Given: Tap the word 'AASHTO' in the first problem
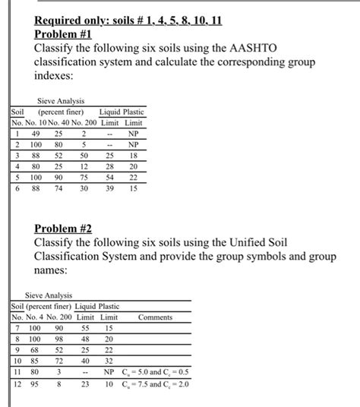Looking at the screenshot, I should (x=251, y=49).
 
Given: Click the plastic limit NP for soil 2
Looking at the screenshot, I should (x=134, y=144).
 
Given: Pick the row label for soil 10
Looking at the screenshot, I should (x=17, y=361).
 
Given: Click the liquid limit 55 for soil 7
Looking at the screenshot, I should (x=86, y=328).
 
